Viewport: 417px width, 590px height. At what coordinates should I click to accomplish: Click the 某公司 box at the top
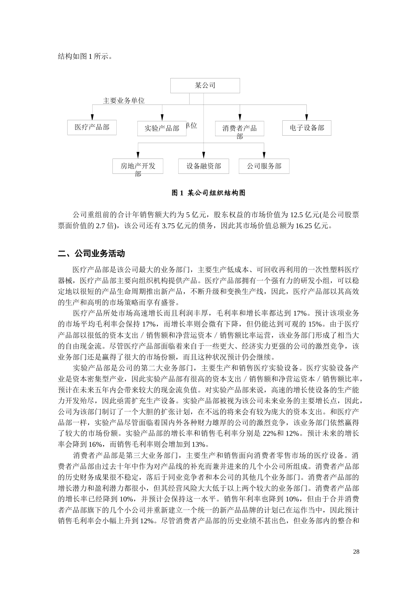coord(205,86)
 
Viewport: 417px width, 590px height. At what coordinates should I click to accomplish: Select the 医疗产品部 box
coord(92,127)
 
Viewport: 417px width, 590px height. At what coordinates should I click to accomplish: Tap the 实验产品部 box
coord(162,128)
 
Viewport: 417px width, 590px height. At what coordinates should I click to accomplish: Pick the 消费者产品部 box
coord(239,128)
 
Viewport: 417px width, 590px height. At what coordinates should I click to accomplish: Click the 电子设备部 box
coord(306,128)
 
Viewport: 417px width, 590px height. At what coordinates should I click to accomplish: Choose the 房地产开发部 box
coord(138,166)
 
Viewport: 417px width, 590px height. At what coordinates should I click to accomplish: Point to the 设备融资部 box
coord(204,166)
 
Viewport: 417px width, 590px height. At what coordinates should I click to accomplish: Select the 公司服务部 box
coord(264,166)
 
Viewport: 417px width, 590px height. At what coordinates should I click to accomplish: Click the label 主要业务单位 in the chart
coord(124,101)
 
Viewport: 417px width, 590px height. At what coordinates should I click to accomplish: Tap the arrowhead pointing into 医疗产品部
coord(92,117)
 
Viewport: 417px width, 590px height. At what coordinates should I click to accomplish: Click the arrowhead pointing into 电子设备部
coord(307,117)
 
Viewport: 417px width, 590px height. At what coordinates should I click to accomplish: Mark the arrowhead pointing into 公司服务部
coord(264,155)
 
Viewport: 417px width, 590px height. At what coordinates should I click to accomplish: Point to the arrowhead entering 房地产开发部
coord(138,155)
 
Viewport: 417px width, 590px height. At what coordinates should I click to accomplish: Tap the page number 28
coord(356,551)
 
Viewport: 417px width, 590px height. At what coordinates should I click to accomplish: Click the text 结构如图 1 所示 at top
coord(84,56)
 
